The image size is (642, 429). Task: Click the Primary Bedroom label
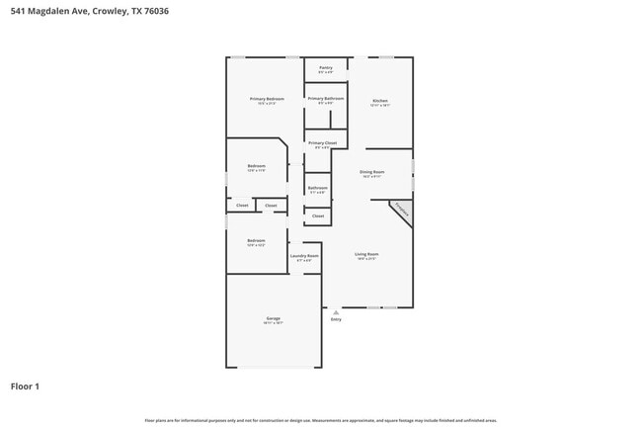tap(267, 99)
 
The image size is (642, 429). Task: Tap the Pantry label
tap(325, 68)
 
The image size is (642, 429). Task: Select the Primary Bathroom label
tap(325, 99)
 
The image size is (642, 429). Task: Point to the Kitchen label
tap(380, 101)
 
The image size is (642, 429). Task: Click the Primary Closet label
tap(322, 143)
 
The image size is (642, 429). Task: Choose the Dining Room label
tap(371, 172)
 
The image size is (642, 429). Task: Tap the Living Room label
tap(366, 254)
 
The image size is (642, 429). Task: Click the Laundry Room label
tap(304, 256)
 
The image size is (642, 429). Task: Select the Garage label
tap(273, 318)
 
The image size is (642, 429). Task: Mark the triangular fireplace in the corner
tap(403, 210)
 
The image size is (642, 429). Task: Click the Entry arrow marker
tap(336, 311)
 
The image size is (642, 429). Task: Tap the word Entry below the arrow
tap(336, 319)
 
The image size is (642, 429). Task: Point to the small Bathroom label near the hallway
tap(317, 188)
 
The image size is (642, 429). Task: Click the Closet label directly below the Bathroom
tap(317, 215)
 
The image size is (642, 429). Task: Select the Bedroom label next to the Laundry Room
tap(256, 241)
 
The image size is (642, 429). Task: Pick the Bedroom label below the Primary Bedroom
tap(256, 166)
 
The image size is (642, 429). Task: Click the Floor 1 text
tap(25, 386)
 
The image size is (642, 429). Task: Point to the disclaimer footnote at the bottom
tap(321, 420)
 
